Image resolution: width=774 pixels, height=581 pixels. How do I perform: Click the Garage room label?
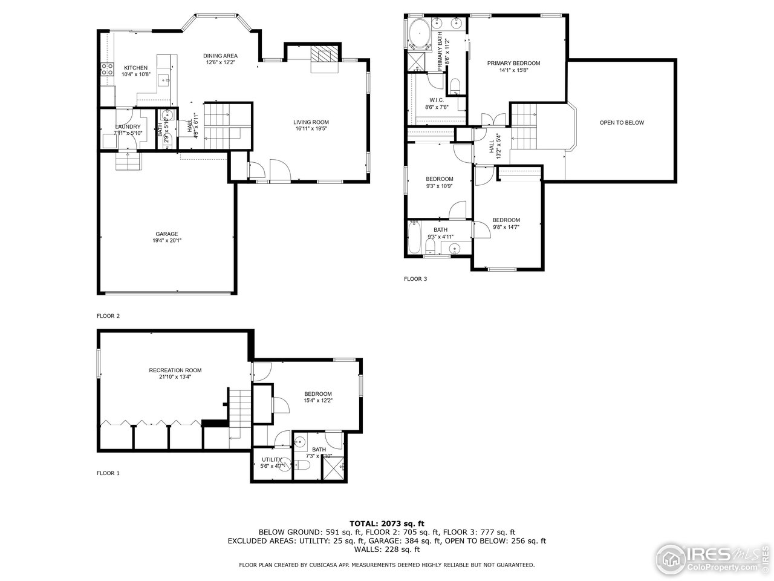click(x=166, y=234)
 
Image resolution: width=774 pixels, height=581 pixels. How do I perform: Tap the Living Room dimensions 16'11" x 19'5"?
click(x=311, y=129)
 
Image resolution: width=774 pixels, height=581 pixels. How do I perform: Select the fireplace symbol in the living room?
click(x=323, y=54)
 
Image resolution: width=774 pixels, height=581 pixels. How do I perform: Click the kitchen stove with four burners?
click(x=107, y=69)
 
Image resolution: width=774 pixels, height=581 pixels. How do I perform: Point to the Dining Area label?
click(x=220, y=55)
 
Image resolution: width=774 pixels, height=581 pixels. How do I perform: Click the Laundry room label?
click(x=128, y=126)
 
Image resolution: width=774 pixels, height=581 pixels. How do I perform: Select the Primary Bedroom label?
click(x=513, y=63)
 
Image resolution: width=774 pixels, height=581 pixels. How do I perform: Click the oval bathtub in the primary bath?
click(x=418, y=33)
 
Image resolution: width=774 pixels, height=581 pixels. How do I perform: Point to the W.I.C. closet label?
click(x=437, y=100)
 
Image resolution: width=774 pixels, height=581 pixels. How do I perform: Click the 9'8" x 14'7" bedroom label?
click(x=506, y=220)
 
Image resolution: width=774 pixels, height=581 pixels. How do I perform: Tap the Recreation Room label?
click(x=175, y=370)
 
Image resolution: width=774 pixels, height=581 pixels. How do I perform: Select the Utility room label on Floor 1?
click(x=272, y=460)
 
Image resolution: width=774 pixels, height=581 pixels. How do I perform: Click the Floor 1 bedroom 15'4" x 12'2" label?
click(x=318, y=393)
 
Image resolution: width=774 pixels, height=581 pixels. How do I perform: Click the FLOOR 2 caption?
click(x=108, y=316)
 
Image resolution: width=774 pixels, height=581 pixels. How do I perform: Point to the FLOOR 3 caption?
click(x=415, y=279)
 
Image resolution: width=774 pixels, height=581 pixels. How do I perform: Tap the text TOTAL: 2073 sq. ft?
click(x=387, y=523)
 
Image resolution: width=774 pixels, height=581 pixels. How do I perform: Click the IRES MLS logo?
click(x=707, y=556)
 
